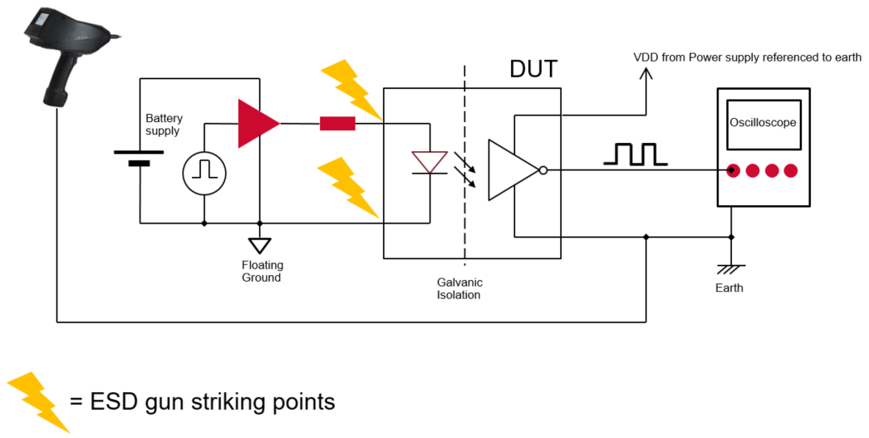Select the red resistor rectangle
click(337, 125)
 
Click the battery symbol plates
click(139, 158)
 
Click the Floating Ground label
click(263, 271)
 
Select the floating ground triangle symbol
click(261, 246)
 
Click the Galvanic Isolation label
click(459, 288)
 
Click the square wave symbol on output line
click(636, 155)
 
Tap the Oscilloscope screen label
click(763, 123)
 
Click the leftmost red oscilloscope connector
click(734, 171)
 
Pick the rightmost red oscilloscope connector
click(790, 171)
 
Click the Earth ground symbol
click(731, 268)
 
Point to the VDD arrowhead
click(646, 72)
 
